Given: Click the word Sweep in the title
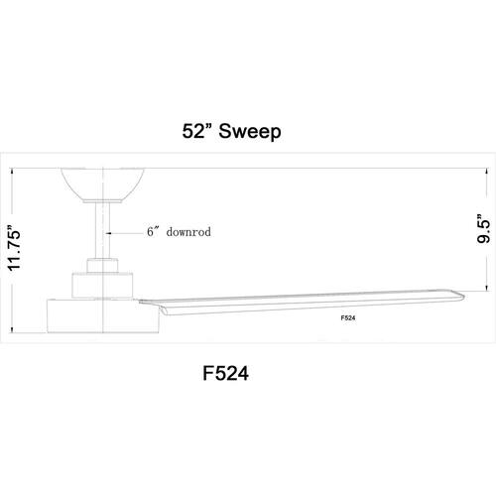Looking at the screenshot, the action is (x=250, y=131).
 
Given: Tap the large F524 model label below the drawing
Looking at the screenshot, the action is (x=225, y=374).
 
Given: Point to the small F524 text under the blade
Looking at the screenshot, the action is (x=348, y=318).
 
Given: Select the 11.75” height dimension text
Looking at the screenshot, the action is (x=15, y=248).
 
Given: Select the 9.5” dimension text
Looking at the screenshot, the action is (x=483, y=229).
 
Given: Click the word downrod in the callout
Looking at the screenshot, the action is (x=188, y=232).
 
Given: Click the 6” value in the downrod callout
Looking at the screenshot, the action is (x=154, y=231).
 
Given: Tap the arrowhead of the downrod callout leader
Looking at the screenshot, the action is (x=108, y=233).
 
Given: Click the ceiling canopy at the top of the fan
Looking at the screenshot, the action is (x=103, y=185).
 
